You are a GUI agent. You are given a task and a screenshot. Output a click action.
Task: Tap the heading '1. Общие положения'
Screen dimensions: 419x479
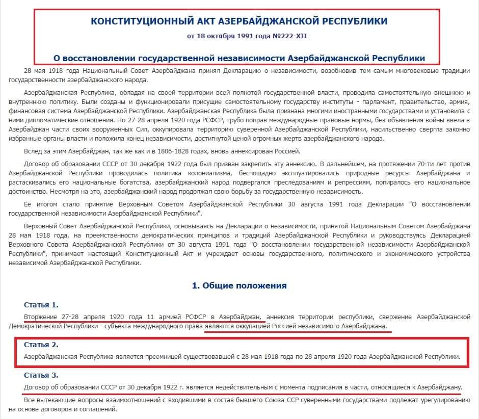[x=239, y=285]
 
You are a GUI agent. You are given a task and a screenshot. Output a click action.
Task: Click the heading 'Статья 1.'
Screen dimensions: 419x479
[x=41, y=305]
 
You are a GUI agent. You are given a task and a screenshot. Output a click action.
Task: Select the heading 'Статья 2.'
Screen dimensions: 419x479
[x=41, y=345]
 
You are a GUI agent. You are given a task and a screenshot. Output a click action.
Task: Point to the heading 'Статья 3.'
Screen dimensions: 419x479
[x=41, y=376]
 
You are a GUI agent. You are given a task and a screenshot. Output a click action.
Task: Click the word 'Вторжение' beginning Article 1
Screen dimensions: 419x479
[x=41, y=317]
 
